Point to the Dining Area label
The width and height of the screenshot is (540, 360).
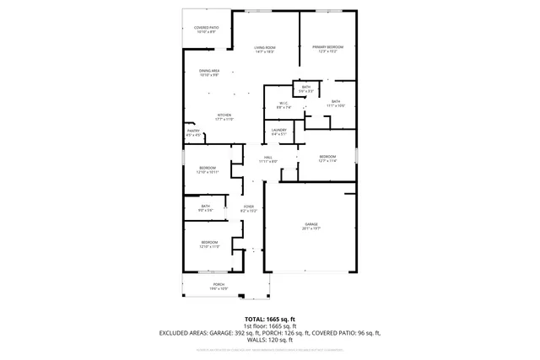[209, 71]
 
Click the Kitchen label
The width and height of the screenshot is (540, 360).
[224, 116]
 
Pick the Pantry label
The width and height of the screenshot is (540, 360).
[193, 131]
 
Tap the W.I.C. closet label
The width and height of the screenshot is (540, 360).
[284, 104]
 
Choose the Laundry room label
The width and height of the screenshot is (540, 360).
[278, 130]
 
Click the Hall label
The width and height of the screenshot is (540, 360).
[268, 157]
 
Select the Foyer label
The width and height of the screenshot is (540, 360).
[249, 206]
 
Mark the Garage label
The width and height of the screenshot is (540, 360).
[311, 223]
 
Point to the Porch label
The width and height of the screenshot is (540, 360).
[219, 285]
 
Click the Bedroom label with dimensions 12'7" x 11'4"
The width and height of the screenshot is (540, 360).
[327, 157]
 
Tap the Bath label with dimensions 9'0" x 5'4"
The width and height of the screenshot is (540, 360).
[206, 206]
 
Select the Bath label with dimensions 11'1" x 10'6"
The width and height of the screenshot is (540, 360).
[336, 101]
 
